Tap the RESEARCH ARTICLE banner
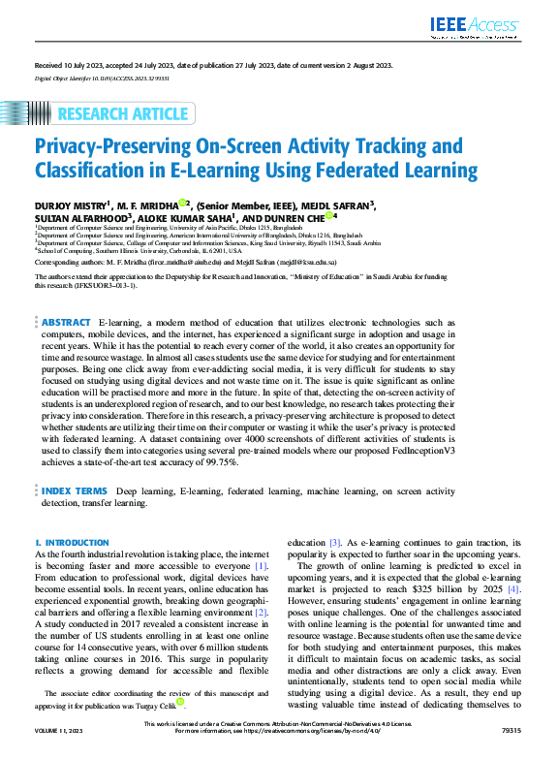coord(123,114)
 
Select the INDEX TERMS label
coord(75,491)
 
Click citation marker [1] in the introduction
coord(260,566)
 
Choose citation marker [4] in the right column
coord(514,588)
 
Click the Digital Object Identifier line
coord(102,76)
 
